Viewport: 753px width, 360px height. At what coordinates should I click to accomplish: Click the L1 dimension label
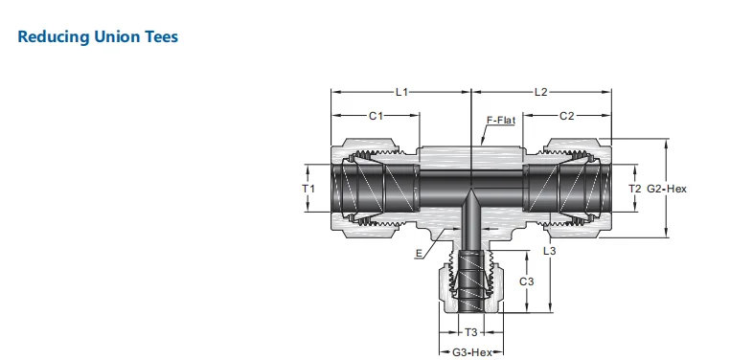pyautogui.click(x=401, y=92)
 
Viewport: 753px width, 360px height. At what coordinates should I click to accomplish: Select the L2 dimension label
pyautogui.click(x=540, y=92)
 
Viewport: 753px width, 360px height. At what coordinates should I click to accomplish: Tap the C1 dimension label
pyautogui.click(x=376, y=116)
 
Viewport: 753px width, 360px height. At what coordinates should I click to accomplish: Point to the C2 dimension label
pyautogui.click(x=567, y=116)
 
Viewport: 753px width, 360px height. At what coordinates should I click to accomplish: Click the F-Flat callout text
pyautogui.click(x=501, y=120)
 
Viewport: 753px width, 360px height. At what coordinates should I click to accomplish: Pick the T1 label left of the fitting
pyautogui.click(x=308, y=189)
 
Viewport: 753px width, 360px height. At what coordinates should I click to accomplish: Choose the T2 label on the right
pyautogui.click(x=635, y=189)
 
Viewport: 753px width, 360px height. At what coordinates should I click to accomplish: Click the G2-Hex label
pyautogui.click(x=667, y=189)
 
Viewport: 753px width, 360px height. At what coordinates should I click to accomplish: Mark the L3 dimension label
pyautogui.click(x=549, y=251)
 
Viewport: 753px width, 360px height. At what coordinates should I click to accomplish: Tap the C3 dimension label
pyautogui.click(x=526, y=281)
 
